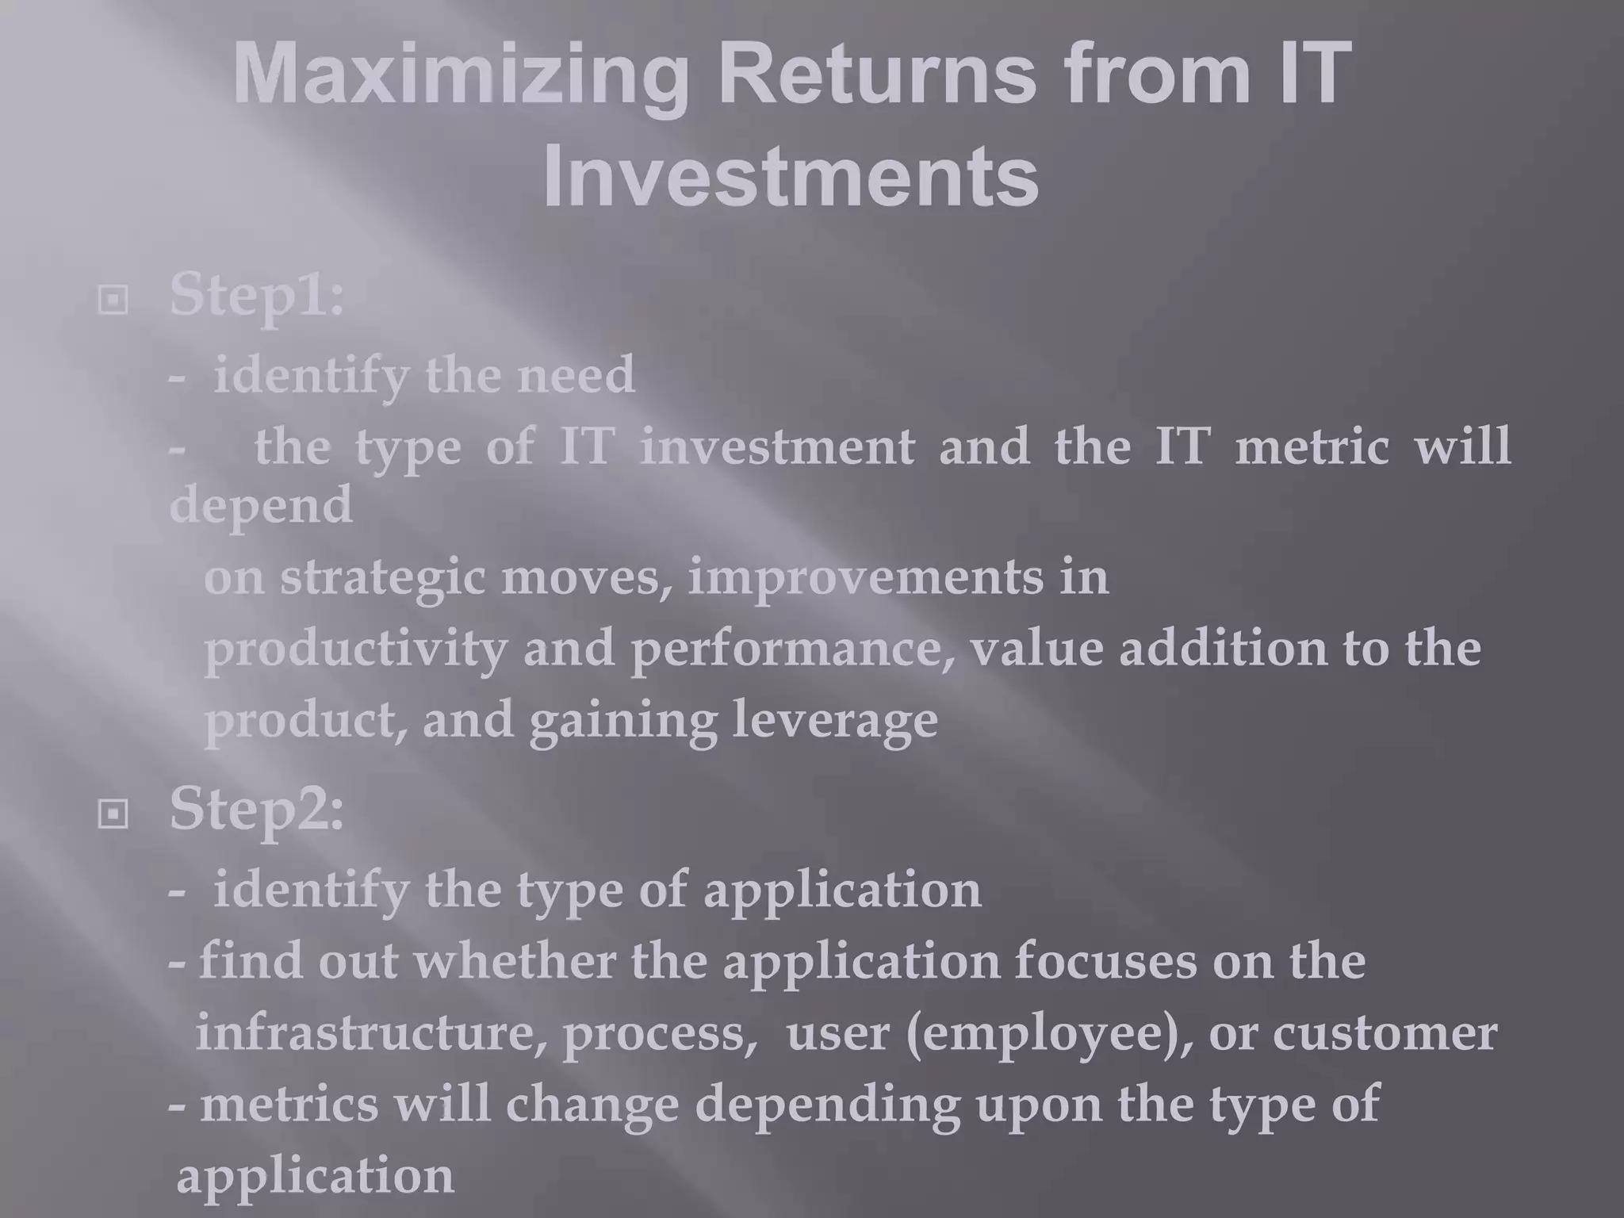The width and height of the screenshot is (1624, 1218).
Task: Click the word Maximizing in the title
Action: point(460,75)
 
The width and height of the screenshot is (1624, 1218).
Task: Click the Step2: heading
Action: point(257,810)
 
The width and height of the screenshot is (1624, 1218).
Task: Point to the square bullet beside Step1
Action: point(113,301)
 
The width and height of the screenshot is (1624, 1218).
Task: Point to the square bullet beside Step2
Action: point(113,814)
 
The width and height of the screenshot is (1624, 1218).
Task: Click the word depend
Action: point(261,506)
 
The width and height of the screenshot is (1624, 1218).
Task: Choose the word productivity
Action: point(355,650)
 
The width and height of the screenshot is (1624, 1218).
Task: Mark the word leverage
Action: point(834,722)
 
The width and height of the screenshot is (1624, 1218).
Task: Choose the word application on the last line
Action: point(315,1177)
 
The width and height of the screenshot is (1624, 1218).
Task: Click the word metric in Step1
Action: point(1312,446)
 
